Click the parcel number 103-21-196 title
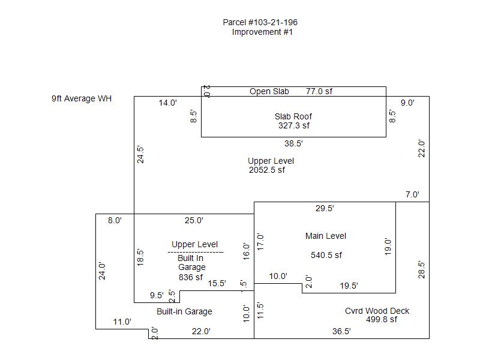260,22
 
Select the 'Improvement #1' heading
262,32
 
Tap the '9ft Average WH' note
82,98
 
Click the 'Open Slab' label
269,91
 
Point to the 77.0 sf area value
319,91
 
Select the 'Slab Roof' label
293,116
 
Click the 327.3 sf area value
294,126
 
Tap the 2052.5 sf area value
267,170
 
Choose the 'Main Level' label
326,236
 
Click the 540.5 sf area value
326,255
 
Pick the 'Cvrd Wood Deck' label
377,311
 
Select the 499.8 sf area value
382,320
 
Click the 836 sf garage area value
191,277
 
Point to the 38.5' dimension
293,143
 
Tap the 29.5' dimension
325,208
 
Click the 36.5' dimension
341,331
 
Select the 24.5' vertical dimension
140,155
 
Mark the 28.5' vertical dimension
421,269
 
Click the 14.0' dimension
167,103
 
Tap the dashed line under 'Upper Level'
195,252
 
